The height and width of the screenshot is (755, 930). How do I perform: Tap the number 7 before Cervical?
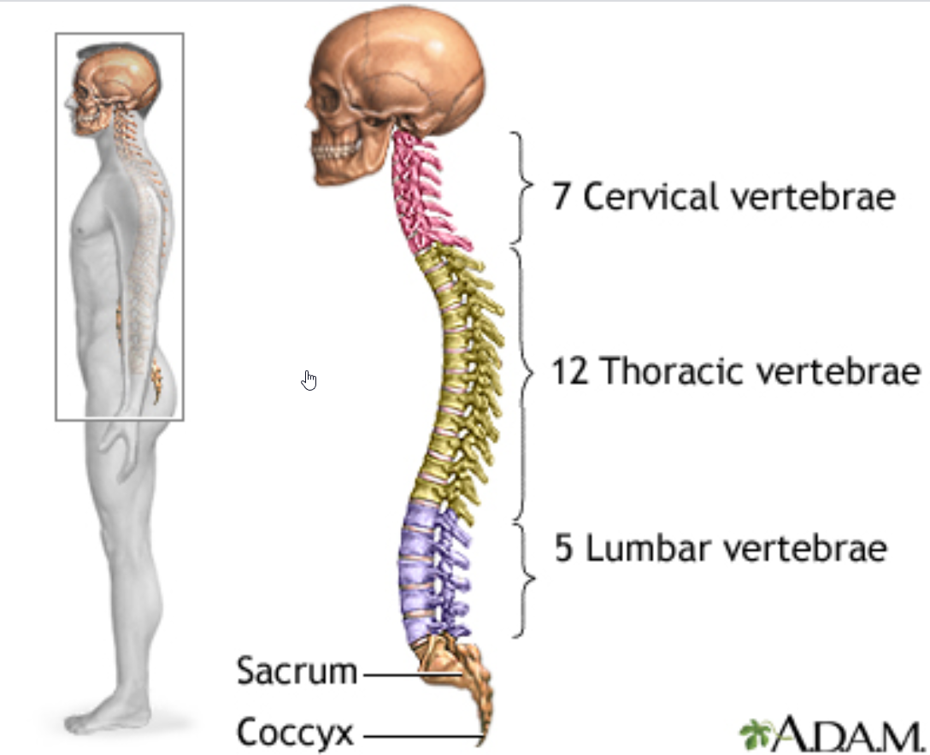pos(561,196)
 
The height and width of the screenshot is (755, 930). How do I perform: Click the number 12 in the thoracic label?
pos(569,371)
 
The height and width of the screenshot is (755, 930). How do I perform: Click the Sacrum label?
pos(297,671)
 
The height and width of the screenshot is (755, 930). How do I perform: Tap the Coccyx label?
pos(295,732)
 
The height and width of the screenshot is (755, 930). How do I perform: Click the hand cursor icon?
pos(309,380)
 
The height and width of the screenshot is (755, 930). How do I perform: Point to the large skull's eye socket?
pos(327,102)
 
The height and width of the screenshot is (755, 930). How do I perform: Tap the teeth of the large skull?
pos(336,150)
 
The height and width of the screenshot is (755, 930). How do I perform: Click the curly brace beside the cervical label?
pos(521,186)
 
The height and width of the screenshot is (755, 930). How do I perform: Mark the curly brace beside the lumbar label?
pos(523,580)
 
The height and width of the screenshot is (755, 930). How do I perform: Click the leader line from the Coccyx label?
pos(422,737)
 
